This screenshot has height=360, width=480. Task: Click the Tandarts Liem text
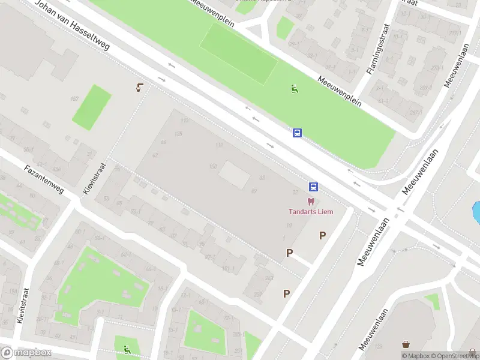[311, 211]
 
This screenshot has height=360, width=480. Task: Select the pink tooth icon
[311, 202]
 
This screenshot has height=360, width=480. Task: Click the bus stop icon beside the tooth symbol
[313, 187]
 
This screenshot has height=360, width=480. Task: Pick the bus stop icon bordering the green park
[297, 133]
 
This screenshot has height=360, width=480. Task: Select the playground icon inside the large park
[295, 89]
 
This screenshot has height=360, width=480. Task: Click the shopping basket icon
[407, 344]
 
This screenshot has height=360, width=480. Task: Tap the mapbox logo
[26, 353]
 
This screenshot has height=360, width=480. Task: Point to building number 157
[74, 98]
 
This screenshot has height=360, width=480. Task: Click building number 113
[185, 121]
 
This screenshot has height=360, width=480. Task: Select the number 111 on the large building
[220, 146]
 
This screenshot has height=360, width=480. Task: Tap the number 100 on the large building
[212, 166]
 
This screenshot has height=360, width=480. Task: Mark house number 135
[178, 133]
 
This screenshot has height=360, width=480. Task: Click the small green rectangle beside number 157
[92, 107]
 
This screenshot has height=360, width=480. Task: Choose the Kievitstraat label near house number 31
[94, 179]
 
